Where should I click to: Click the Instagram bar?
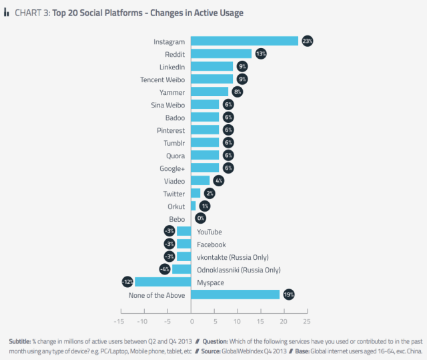pos(244,41)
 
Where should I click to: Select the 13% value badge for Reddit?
pos(261,53)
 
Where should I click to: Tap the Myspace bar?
pos(163,282)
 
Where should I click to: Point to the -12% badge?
pos(127,282)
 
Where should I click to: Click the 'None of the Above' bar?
pos(235,295)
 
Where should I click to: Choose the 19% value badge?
pos(288,295)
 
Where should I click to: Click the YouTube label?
pos(209,232)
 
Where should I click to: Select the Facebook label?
pos(211,244)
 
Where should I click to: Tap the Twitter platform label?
pos(173,193)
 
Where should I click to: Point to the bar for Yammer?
pos(209,92)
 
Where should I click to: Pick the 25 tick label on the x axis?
pos(306,321)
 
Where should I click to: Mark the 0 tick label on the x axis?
pos(191,321)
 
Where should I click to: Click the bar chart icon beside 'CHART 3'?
pos(7,11)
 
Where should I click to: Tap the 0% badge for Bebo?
pos(200,218)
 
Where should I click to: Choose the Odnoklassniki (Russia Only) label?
pos(238,270)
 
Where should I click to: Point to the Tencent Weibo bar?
pos(211,79)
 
